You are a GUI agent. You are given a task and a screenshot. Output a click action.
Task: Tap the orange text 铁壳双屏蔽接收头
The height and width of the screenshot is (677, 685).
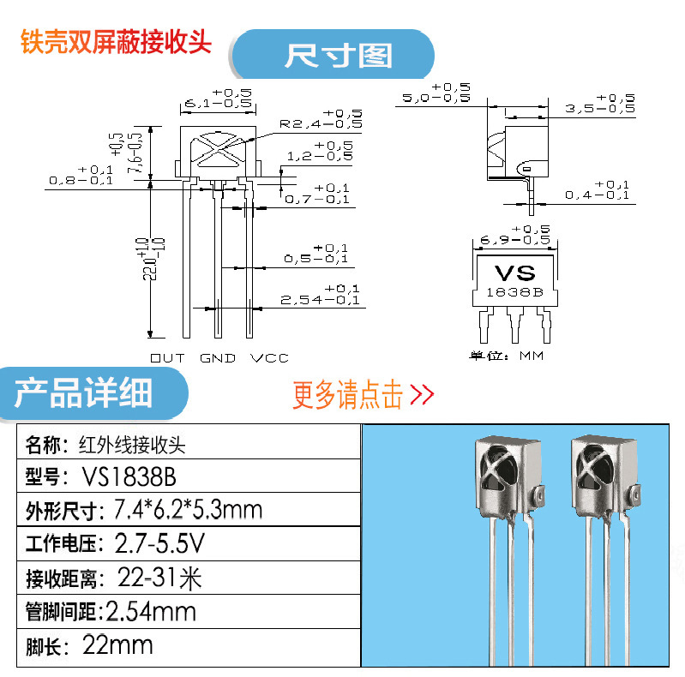[x=116, y=43]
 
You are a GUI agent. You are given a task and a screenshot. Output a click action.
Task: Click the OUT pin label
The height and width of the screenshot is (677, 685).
[x=167, y=357]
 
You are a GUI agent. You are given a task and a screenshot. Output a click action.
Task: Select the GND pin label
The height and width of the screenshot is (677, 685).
[x=218, y=357]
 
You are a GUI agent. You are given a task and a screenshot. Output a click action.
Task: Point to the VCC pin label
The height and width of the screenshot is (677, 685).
[x=269, y=357]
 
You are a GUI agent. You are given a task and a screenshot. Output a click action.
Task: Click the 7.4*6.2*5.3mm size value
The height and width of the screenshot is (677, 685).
[x=188, y=510]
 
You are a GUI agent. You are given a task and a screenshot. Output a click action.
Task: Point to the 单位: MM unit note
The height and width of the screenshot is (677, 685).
[x=506, y=356]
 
